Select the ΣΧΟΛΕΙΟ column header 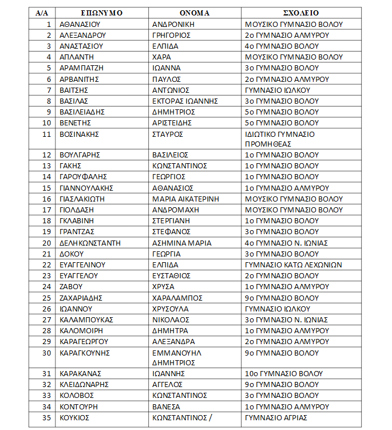pyautogui.click(x=301, y=13)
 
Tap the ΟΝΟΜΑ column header pyautogui.click(x=194, y=13)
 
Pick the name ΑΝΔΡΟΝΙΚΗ pyautogui.click(x=173, y=24)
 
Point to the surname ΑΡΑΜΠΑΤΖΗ pyautogui.click(x=80, y=68)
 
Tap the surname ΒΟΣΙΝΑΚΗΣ pyautogui.click(x=80, y=134)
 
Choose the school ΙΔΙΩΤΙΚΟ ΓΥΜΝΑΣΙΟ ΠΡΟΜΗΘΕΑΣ pyautogui.click(x=280, y=139)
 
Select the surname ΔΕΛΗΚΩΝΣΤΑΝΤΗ pyautogui.click(x=90, y=243)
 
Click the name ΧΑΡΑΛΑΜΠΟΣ pyautogui.click(x=178, y=298)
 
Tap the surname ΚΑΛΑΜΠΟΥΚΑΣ pyautogui.click(x=86, y=319)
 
